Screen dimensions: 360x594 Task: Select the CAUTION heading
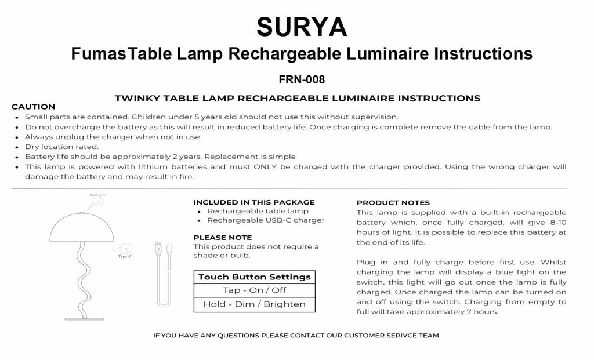pyautogui.click(x=33, y=107)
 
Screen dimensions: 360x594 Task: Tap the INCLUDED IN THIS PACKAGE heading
pyautogui.click(x=253, y=202)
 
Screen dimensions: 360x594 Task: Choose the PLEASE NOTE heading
pyautogui.click(x=222, y=237)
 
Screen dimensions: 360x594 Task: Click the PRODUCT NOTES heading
pyautogui.click(x=393, y=202)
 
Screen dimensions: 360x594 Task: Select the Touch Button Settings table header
pyautogui.click(x=255, y=277)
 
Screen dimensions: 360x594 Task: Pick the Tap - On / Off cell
pyautogui.click(x=255, y=290)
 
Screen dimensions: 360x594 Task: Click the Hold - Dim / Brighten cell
pyautogui.click(x=255, y=304)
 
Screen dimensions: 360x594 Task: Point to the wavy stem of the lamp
pyautogui.click(x=81, y=278)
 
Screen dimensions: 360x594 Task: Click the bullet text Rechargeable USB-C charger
pyautogui.click(x=266, y=220)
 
